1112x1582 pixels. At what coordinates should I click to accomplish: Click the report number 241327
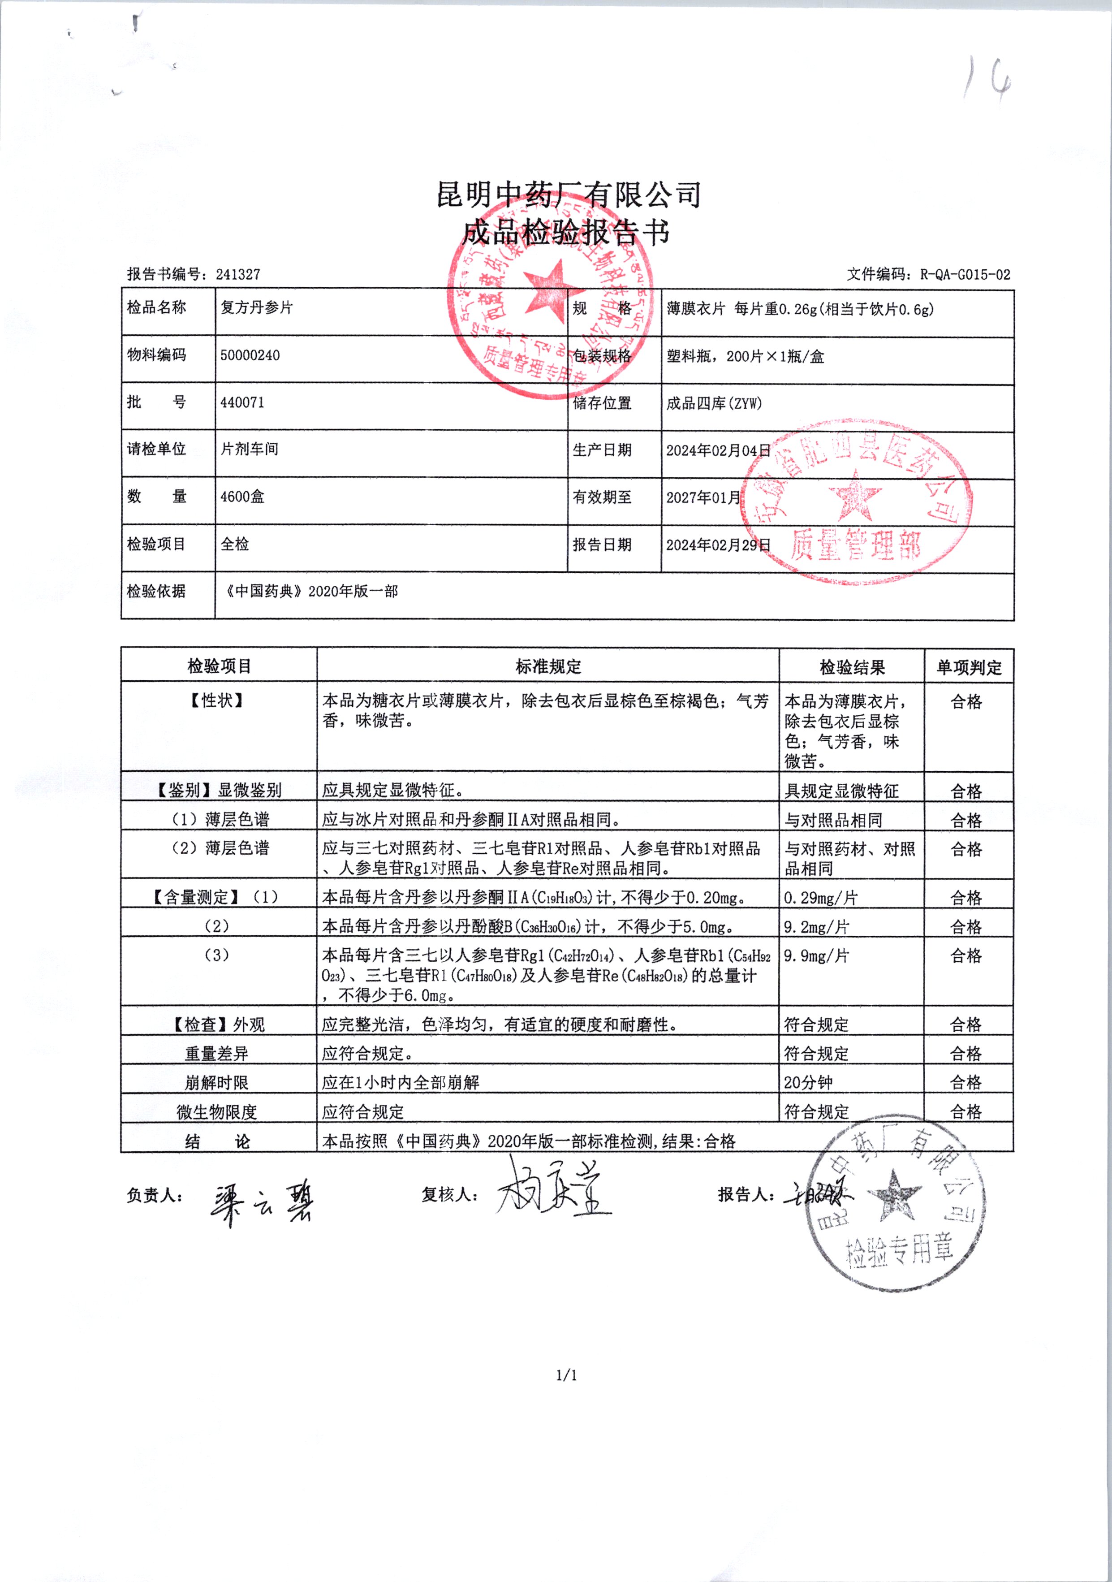point(238,274)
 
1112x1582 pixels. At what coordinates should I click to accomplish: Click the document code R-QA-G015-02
point(965,275)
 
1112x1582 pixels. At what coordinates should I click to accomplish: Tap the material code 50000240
point(250,355)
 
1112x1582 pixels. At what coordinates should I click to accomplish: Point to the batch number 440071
point(242,402)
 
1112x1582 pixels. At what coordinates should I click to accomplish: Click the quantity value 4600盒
point(242,497)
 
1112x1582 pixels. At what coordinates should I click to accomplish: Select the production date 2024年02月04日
point(718,450)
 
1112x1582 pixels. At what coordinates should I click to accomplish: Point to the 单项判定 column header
point(969,667)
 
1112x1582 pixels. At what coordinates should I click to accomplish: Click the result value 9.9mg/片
point(816,955)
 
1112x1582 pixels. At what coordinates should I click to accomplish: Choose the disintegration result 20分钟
point(807,1082)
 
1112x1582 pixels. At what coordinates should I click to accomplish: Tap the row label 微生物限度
point(216,1111)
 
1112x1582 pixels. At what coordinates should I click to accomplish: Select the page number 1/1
point(566,1376)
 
